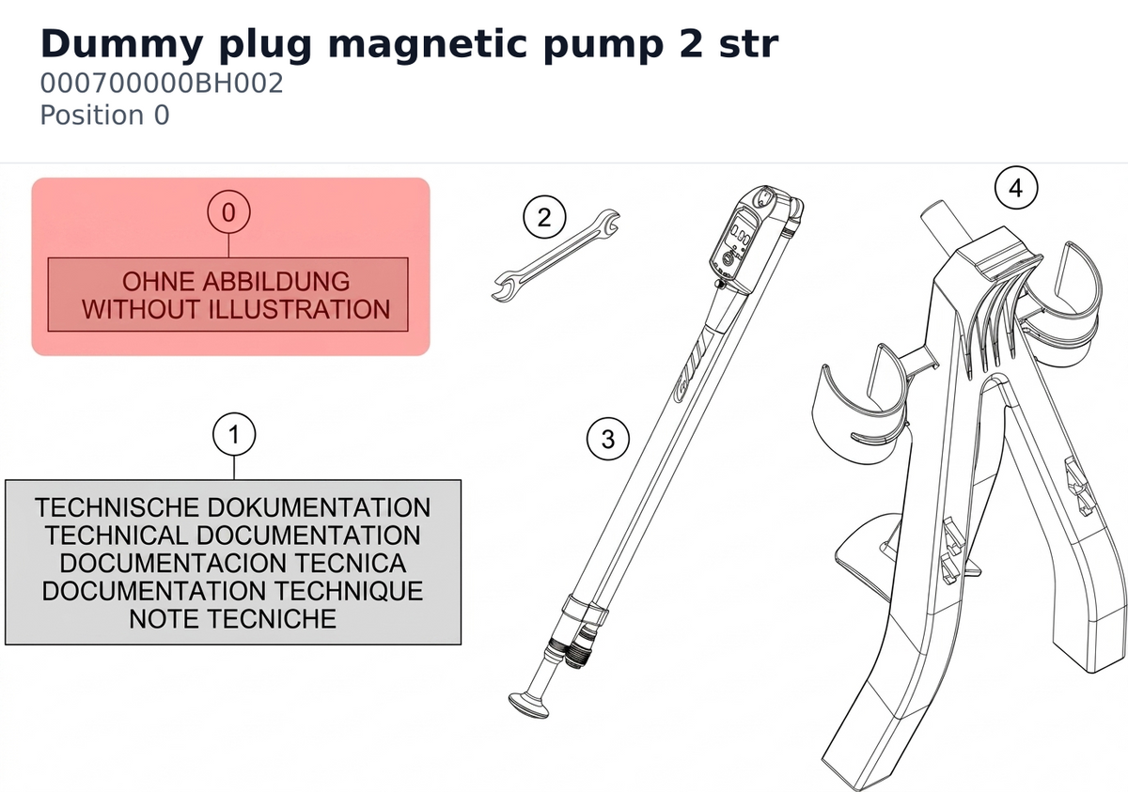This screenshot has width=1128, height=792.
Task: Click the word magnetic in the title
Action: click(427, 45)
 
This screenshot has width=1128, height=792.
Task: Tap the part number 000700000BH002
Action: click(162, 83)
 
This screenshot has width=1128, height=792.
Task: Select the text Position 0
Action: click(104, 115)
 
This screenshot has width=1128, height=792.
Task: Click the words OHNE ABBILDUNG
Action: click(236, 281)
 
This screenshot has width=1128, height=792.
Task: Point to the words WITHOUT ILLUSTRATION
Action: click(236, 309)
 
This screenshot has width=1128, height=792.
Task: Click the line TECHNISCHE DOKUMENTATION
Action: click(233, 507)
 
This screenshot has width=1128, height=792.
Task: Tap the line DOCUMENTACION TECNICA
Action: click(233, 563)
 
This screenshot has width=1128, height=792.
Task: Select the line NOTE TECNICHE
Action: click(233, 618)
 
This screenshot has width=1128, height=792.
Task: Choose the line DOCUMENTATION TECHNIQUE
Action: click(233, 591)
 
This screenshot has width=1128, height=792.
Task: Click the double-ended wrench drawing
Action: click(556, 256)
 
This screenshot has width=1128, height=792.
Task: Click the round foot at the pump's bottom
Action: click(528, 705)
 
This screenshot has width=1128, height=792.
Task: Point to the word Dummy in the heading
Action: click(122, 45)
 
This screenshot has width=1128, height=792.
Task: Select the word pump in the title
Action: click(603, 45)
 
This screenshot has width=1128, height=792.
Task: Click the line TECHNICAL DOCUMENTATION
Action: click(233, 535)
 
